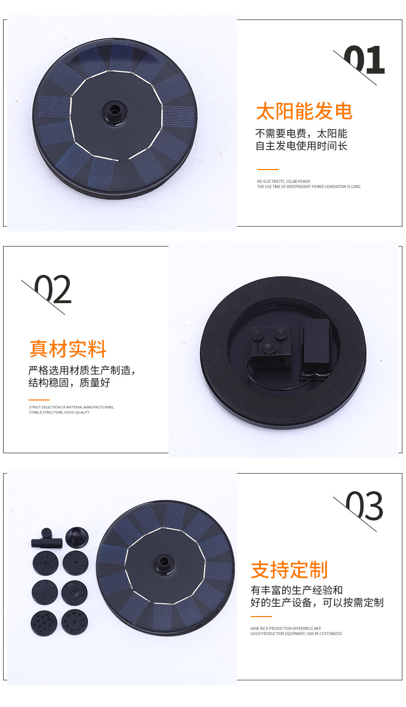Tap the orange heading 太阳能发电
click(304, 111)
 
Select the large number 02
click(53, 290)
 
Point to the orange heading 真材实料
click(68, 349)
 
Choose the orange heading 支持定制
click(289, 570)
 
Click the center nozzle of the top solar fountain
click(114, 109)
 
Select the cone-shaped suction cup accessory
click(77, 537)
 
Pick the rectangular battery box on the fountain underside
click(315, 349)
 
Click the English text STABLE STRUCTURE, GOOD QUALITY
click(59, 412)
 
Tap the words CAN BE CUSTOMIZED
click(325, 634)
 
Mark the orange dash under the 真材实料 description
click(39, 400)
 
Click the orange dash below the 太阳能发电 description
click(268, 169)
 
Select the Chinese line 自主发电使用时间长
click(302, 146)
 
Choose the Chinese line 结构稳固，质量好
click(69, 383)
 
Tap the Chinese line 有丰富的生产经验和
click(297, 590)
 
